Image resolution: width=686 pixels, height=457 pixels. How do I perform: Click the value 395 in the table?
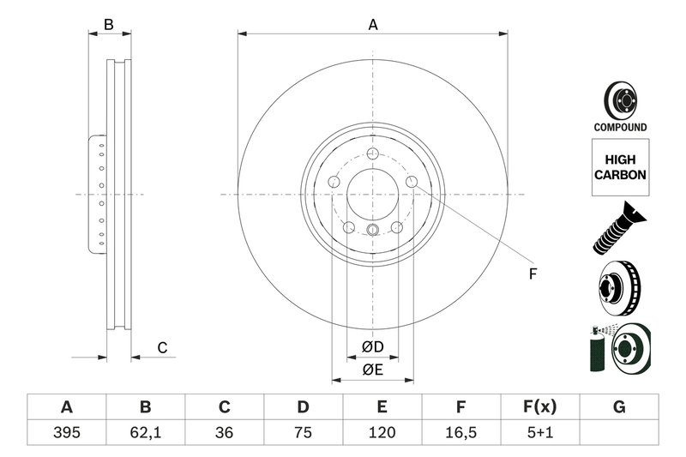tap(66, 432)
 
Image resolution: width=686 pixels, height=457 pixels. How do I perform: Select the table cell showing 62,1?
tap(145, 432)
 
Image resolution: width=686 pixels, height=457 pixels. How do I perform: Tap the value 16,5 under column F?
tap(460, 432)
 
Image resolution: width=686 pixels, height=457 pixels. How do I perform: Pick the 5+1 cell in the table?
tap(540, 432)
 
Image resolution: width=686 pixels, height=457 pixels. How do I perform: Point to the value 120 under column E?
tap(382, 432)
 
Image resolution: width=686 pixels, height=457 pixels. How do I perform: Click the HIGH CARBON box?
tap(619, 166)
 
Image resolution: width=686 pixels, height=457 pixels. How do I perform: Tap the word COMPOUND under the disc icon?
tap(619, 127)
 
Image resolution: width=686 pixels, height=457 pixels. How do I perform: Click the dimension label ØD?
tap(371, 347)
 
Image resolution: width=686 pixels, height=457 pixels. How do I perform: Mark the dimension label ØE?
tap(371, 370)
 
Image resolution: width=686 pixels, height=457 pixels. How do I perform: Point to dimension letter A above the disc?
tap(373, 25)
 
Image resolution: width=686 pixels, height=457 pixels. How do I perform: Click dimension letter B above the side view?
tap(109, 25)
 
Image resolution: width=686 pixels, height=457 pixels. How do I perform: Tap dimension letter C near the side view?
tap(161, 347)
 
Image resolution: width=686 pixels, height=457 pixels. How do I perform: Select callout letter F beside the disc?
tap(533, 274)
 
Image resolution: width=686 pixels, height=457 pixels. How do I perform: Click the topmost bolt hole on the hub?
tap(372, 153)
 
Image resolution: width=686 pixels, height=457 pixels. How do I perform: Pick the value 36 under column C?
tap(224, 432)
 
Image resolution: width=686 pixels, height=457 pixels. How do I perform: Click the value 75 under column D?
tap(303, 432)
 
